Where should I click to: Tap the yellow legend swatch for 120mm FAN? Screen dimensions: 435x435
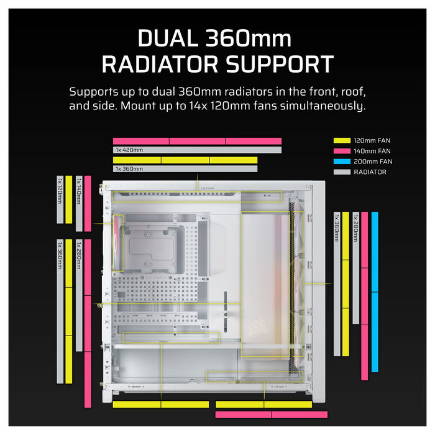point(342,140)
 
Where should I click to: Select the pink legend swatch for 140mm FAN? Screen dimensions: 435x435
point(342,151)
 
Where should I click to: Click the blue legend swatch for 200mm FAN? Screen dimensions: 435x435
point(342,162)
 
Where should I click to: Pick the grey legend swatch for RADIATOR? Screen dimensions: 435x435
point(342,172)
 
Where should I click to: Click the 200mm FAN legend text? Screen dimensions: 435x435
point(373,162)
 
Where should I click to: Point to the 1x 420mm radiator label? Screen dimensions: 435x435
point(129,150)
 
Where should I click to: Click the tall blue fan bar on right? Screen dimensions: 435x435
point(375,292)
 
